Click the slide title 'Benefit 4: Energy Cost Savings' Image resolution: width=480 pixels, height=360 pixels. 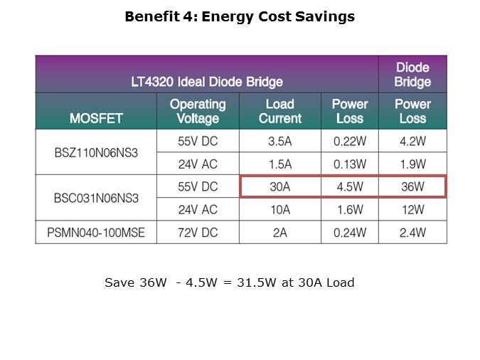(x=240, y=17)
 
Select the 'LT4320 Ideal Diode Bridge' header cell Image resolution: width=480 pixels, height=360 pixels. (x=207, y=82)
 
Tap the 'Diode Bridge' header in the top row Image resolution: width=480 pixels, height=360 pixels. (x=412, y=75)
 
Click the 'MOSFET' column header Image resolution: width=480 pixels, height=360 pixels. (x=95, y=117)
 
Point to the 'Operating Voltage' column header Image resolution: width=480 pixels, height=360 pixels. (x=198, y=111)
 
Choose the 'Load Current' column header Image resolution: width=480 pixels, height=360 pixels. (x=280, y=111)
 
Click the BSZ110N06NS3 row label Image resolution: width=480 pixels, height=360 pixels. (x=95, y=152)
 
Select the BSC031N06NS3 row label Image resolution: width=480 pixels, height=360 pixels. (x=95, y=198)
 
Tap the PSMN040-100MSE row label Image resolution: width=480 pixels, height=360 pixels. (x=95, y=233)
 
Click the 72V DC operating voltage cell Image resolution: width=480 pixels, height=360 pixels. (x=198, y=233)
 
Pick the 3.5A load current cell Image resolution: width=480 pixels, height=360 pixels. (x=280, y=141)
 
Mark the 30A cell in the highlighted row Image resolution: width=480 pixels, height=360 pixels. (x=280, y=187)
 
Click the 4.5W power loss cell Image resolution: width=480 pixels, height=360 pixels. (x=349, y=187)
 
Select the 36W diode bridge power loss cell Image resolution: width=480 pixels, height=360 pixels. (x=412, y=187)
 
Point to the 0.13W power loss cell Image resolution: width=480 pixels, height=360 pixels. (x=349, y=164)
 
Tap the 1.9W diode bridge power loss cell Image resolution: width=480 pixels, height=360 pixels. (x=412, y=164)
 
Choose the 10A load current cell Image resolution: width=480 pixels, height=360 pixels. (x=280, y=210)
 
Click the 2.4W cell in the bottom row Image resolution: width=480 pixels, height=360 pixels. (x=412, y=233)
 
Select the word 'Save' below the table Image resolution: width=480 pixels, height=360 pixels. (x=118, y=282)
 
